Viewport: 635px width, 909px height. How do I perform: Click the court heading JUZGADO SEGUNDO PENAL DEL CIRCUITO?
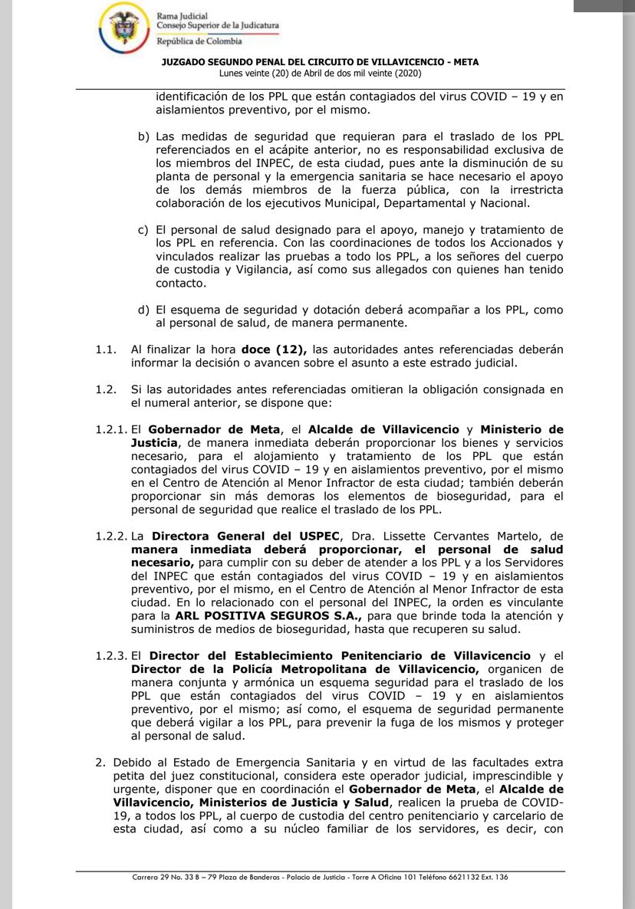[320, 62]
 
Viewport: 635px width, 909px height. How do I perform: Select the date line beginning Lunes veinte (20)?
[320, 73]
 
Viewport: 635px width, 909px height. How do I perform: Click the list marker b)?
[143, 136]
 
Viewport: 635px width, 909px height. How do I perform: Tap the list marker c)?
[143, 229]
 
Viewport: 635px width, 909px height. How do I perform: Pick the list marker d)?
[143, 310]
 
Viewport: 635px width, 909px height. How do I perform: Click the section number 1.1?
[106, 349]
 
